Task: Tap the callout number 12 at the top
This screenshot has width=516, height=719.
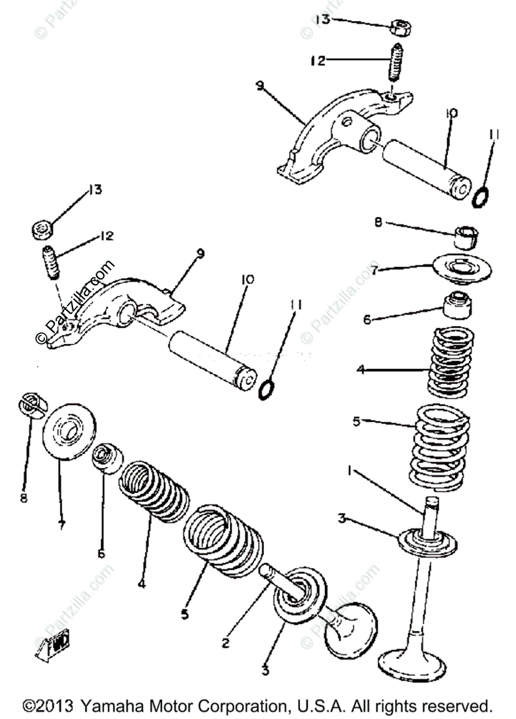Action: [x=318, y=60]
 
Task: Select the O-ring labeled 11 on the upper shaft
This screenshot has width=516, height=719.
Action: [x=481, y=196]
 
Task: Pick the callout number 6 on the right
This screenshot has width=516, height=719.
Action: [x=367, y=319]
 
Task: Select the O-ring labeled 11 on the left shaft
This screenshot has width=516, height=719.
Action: [x=266, y=390]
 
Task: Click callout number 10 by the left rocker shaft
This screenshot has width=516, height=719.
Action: [x=247, y=280]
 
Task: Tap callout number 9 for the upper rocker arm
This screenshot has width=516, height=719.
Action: [x=259, y=86]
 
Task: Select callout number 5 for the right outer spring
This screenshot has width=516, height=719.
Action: [x=356, y=421]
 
